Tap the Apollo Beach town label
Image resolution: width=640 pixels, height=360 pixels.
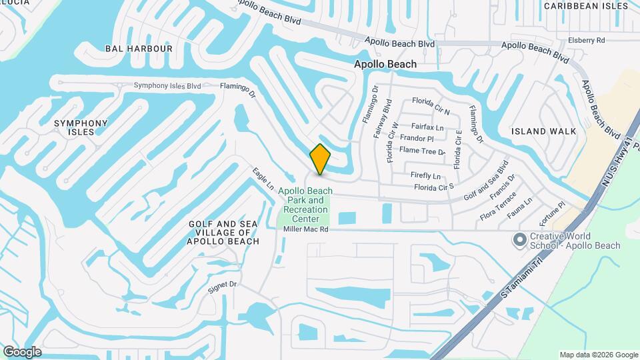tap(385, 64)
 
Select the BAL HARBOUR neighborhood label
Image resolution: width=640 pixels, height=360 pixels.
tap(139, 49)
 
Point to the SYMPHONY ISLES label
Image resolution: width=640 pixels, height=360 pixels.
tap(81, 127)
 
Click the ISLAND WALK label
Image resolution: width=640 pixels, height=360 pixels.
tap(543, 131)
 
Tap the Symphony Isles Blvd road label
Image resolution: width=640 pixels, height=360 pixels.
tap(167, 85)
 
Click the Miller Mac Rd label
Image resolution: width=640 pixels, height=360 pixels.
tap(306, 229)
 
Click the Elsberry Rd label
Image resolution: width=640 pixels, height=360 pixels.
tap(586, 41)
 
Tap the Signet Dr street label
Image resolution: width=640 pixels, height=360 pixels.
tap(223, 284)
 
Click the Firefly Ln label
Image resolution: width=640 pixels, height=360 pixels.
tap(425, 176)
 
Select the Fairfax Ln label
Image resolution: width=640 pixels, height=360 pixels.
tap(427, 126)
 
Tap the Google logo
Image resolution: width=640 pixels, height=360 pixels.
tap(22, 352)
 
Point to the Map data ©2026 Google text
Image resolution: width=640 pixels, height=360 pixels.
tap(598, 355)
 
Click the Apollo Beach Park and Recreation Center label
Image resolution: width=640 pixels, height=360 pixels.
tap(305, 205)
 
